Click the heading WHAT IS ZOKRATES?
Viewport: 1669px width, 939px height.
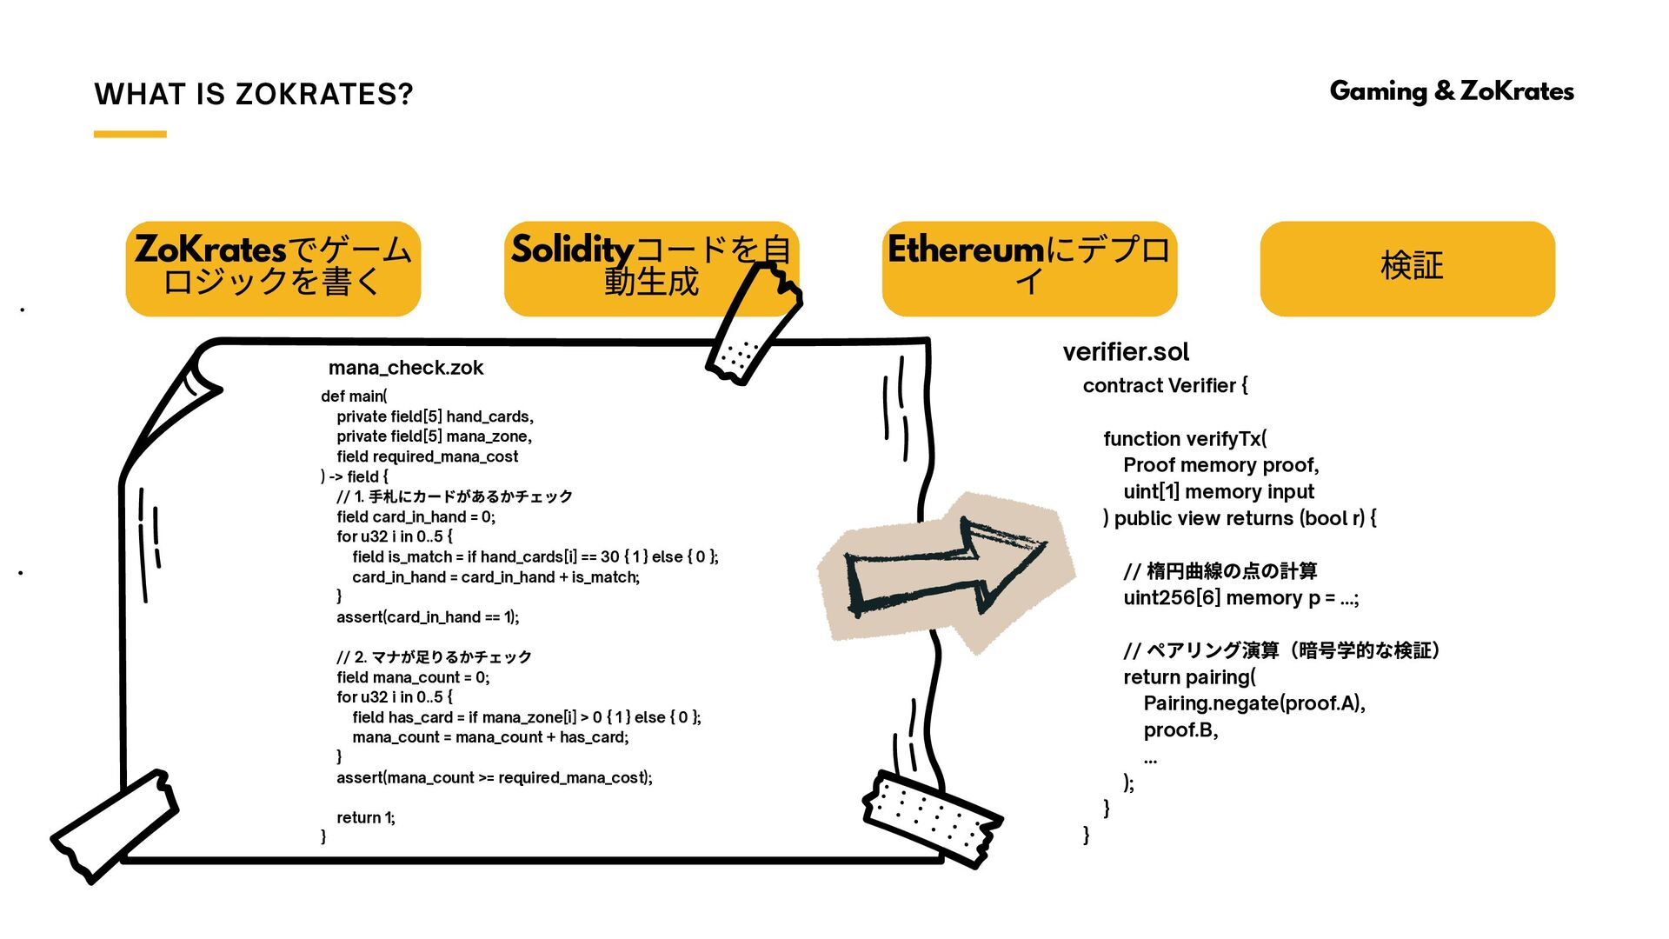click(253, 94)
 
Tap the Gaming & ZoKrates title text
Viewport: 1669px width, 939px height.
click(1451, 91)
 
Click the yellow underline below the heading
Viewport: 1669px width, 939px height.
click(130, 134)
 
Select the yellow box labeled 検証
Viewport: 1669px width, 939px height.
click(1406, 268)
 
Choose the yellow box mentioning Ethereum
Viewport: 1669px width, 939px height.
click(1028, 268)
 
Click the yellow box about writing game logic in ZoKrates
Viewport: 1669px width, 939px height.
click(273, 268)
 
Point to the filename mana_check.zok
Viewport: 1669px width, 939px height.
click(405, 368)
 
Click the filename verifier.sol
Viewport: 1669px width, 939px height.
click(1125, 352)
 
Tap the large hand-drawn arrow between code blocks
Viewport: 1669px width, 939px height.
click(943, 574)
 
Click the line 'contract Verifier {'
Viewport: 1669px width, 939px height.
click(1165, 386)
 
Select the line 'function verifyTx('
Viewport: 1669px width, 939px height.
click(1185, 439)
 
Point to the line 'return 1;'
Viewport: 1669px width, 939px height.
click(365, 817)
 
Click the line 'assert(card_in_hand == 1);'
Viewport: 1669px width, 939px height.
click(428, 617)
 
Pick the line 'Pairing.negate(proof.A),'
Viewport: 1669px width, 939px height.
click(1253, 703)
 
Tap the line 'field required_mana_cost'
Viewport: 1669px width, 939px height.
click(427, 456)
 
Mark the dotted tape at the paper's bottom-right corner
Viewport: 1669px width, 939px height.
click(932, 818)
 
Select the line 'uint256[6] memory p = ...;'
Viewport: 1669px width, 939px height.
click(1240, 598)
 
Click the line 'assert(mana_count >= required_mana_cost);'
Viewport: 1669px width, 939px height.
click(494, 777)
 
